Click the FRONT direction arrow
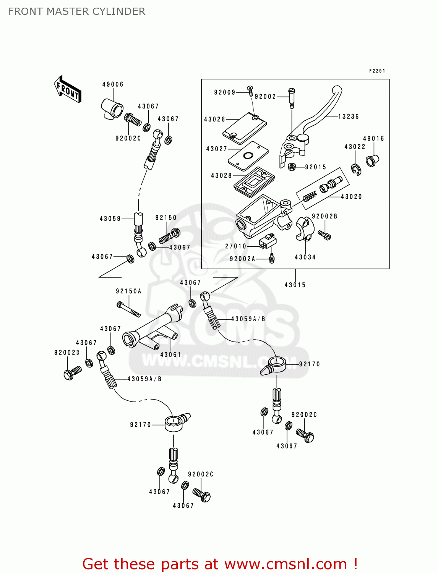pos(67,89)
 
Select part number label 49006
pos(113,84)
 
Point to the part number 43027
pos(217,149)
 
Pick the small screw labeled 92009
pos(250,91)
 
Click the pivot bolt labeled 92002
pos(292,97)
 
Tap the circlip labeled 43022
pos(356,169)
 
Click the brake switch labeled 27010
pos(268,242)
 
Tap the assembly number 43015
pos(295,285)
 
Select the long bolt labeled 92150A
pos(129,309)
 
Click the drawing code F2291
pos(377,71)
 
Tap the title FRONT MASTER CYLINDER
pos(76,11)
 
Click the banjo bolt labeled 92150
pos(169,236)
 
